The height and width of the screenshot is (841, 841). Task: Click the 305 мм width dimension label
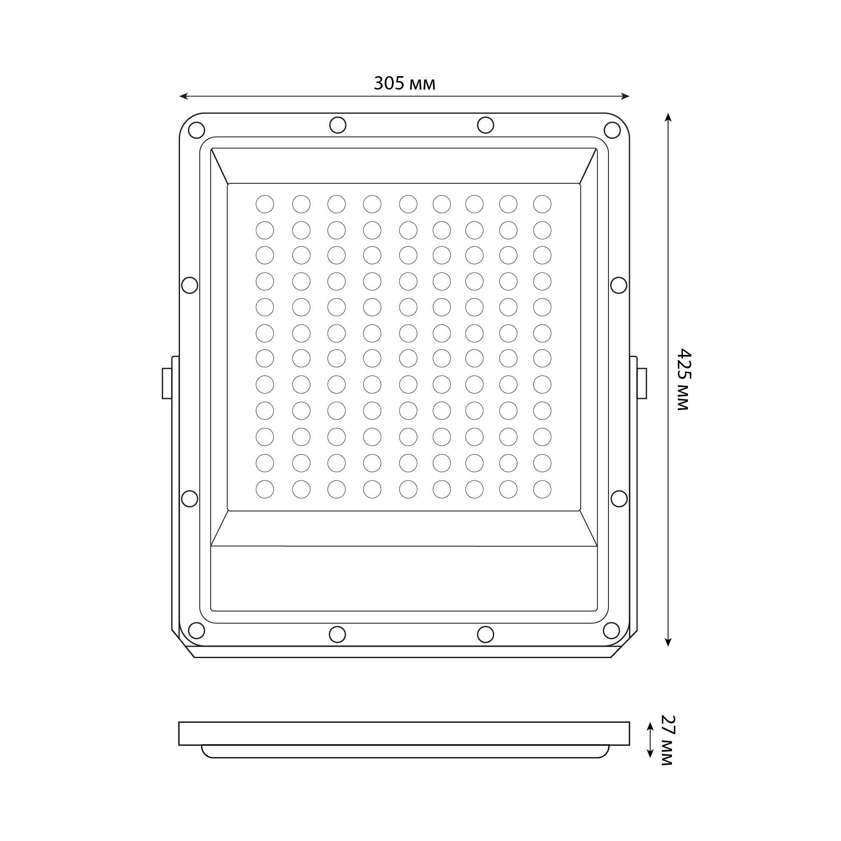pyautogui.click(x=405, y=83)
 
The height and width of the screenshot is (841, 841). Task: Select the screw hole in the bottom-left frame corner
pyautogui.click(x=196, y=630)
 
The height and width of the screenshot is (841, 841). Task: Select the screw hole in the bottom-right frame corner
pyautogui.click(x=611, y=630)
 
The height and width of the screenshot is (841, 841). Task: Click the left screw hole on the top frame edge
pyautogui.click(x=338, y=125)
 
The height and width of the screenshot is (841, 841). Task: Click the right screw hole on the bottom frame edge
pyautogui.click(x=485, y=634)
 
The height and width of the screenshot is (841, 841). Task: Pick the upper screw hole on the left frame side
pyautogui.click(x=189, y=285)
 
